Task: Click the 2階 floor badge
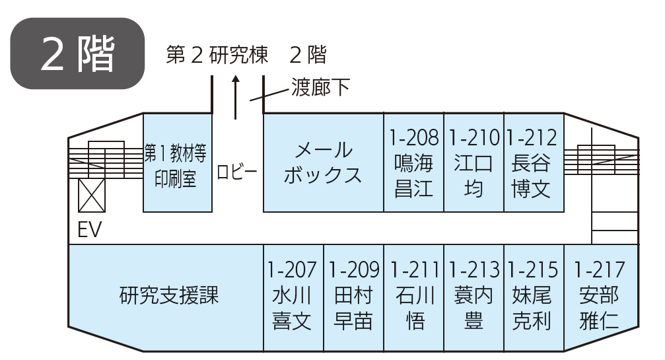[x=78, y=54]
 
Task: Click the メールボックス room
[x=323, y=162]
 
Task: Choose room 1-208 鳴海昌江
[x=413, y=162]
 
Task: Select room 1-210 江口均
[x=473, y=162]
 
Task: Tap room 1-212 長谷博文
[x=533, y=162]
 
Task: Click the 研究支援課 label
[x=169, y=295]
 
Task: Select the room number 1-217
[x=599, y=270]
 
